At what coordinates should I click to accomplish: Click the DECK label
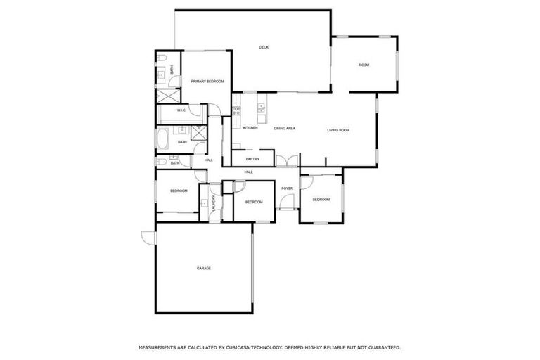(x=264, y=47)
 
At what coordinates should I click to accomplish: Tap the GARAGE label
(x=204, y=268)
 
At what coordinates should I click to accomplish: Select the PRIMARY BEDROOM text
(x=207, y=82)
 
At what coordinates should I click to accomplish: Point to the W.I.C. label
(x=181, y=110)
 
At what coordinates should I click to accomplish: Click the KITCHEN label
(x=250, y=128)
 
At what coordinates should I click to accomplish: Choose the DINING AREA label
(x=284, y=128)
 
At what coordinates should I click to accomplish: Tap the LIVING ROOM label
(x=338, y=130)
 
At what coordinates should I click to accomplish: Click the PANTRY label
(x=252, y=159)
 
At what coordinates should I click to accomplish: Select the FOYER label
(x=287, y=188)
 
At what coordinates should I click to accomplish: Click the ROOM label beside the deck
(x=364, y=65)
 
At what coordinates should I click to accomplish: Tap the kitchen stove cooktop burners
(x=237, y=110)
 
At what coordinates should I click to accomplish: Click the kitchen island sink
(x=261, y=108)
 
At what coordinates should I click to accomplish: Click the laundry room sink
(x=204, y=203)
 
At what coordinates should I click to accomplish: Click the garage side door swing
(x=148, y=238)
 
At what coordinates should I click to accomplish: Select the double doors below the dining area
(x=285, y=161)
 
